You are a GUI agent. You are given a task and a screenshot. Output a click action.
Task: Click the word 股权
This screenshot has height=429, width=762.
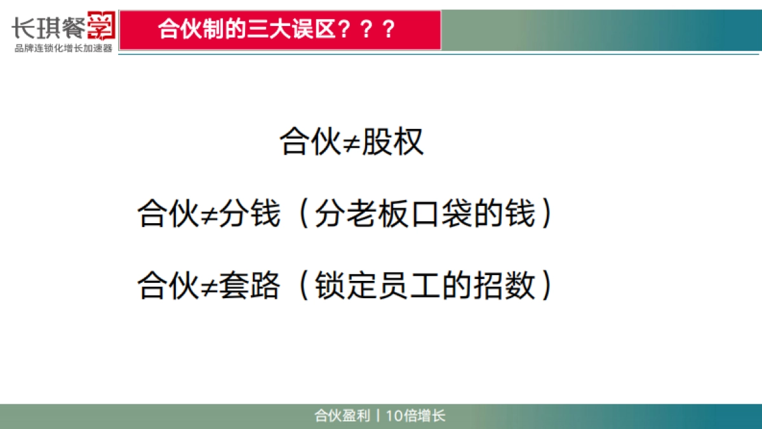pos(392,142)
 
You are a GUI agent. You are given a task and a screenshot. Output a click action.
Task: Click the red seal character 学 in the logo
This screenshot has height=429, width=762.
pos(100,26)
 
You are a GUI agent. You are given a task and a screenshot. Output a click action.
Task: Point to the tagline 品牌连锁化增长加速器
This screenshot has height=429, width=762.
pos(63,49)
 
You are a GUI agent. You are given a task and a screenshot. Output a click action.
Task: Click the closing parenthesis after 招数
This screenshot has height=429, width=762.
pos(544,286)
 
